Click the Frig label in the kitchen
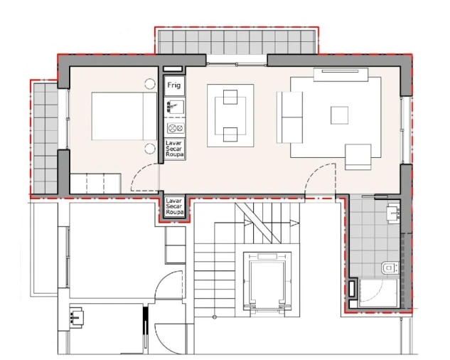click(x=174, y=85)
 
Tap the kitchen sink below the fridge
click(x=174, y=107)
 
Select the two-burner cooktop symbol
click(x=175, y=128)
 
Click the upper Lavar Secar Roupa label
click(x=175, y=149)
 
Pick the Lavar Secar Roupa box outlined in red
click(x=175, y=207)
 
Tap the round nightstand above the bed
click(x=149, y=84)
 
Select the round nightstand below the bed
click(x=149, y=148)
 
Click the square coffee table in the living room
click(x=340, y=115)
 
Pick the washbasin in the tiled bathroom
click(x=392, y=212)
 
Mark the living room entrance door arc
click(x=319, y=178)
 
